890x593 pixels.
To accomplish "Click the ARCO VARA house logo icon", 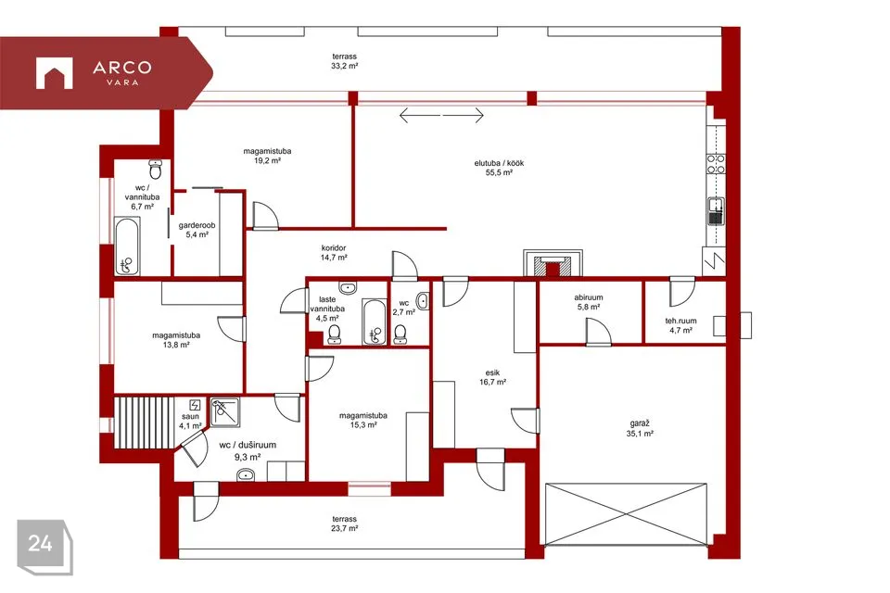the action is [55, 73].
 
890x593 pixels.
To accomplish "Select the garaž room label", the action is [640, 423].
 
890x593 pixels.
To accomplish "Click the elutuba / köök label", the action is [499, 163].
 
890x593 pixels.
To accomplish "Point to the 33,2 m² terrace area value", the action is [345, 66].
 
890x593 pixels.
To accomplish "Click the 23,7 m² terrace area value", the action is [345, 528].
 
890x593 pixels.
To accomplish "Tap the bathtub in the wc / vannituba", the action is [127, 246].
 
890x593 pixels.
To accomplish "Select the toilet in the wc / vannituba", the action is [156, 169].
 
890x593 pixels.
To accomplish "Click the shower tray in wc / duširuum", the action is [225, 412].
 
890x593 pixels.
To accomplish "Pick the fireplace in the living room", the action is [553, 263].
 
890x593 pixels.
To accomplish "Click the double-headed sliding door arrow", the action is [441, 116].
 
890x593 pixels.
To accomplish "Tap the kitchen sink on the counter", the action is [717, 211].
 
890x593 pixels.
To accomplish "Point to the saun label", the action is [190, 417].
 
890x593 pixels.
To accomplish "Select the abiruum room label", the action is [589, 297].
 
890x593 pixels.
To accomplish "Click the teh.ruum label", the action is [680, 321].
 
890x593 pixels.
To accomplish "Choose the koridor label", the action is [334, 248].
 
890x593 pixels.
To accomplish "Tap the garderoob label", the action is [197, 225].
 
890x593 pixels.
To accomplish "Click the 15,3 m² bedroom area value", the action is [363, 425].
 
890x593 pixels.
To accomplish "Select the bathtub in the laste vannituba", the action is [375, 322].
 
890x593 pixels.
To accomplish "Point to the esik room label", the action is [492, 372].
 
